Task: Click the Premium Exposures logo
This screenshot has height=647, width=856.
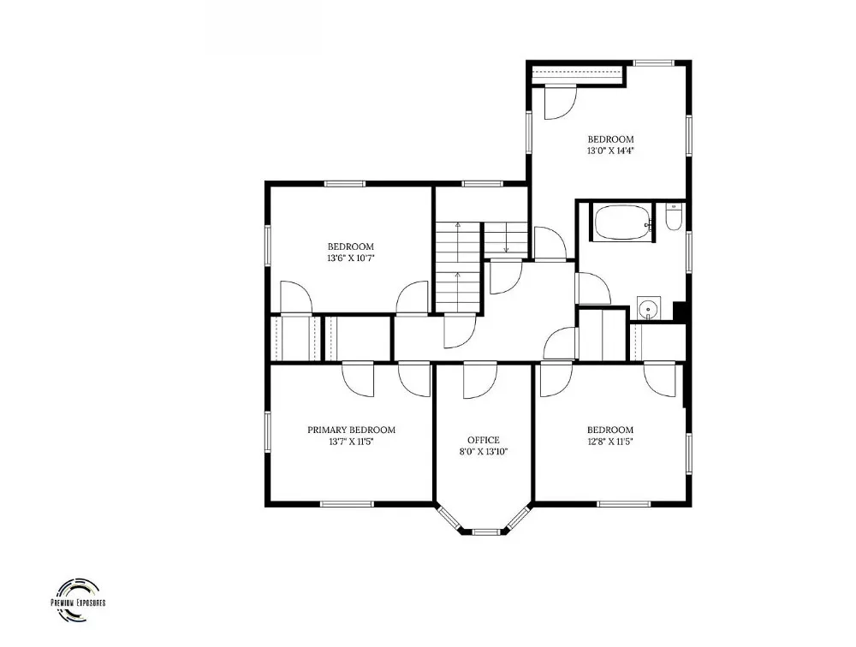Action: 78,600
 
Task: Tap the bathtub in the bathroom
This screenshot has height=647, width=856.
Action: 622,223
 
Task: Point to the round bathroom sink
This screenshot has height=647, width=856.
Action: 649,308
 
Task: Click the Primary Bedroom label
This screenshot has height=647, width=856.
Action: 351,430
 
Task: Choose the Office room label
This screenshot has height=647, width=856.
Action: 483,440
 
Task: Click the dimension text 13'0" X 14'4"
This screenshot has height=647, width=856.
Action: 610,151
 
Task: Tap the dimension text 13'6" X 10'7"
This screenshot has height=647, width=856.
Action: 350,258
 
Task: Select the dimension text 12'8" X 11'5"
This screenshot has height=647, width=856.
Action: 609,442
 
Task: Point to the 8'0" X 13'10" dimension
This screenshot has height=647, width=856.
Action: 483,452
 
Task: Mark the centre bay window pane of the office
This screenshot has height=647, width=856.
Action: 485,531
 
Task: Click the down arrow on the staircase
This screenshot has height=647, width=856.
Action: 506,238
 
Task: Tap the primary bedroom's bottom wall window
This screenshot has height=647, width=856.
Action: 346,503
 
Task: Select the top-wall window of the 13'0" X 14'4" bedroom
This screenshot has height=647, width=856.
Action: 654,62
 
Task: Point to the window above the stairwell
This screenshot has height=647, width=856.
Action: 481,184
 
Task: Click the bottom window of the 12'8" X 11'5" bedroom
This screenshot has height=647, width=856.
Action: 623,503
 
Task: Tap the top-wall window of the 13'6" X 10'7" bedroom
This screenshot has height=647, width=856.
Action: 344,184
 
